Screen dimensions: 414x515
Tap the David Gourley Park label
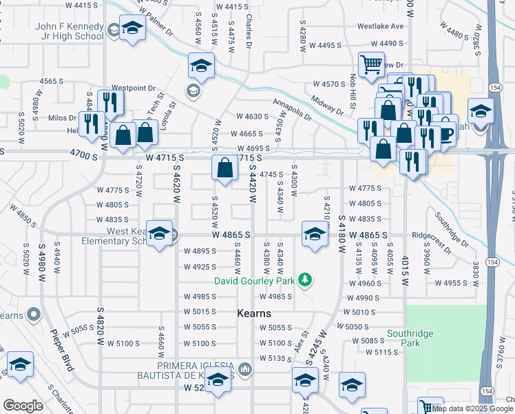[254, 281]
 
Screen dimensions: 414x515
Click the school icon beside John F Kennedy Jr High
[132, 29]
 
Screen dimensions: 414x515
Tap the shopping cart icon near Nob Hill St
[372, 65]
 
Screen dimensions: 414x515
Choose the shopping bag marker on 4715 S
[225, 168]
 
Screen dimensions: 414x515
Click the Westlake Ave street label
[380, 27]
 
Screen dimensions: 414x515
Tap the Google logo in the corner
[23, 406]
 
